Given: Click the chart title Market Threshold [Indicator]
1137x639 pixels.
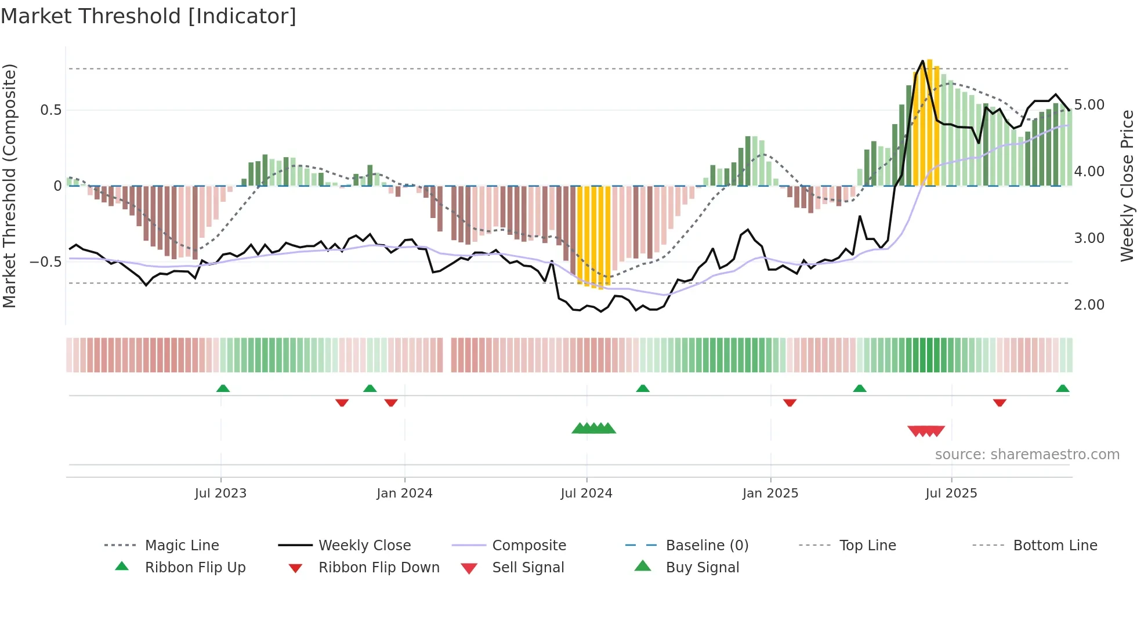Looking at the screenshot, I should pyautogui.click(x=149, y=16).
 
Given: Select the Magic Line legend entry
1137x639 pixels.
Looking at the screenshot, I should pyautogui.click(x=182, y=546).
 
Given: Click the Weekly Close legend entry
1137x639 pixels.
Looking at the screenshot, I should pyautogui.click(x=364, y=546).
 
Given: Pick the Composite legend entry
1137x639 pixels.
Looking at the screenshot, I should pyautogui.click(x=528, y=546).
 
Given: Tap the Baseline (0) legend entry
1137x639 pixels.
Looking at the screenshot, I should pyautogui.click(x=707, y=546).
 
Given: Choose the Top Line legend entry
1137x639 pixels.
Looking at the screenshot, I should pyautogui.click(x=867, y=546).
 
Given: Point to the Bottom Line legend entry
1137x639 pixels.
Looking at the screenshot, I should pyautogui.click(x=1055, y=546).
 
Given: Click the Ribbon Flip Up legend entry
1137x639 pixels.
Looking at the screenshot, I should pyautogui.click(x=195, y=568).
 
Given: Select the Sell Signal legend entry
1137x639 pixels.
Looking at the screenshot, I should pyautogui.click(x=527, y=568).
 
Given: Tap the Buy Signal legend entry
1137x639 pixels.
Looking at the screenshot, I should pyautogui.click(x=702, y=568).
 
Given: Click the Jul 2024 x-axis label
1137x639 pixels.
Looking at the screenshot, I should pyautogui.click(x=586, y=493).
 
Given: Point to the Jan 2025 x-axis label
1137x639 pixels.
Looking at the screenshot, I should pyautogui.click(x=770, y=493).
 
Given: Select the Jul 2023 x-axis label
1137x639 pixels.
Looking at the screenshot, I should pyautogui.click(x=220, y=493).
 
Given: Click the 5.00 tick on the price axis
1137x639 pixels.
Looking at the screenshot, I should pyautogui.click(x=1089, y=105).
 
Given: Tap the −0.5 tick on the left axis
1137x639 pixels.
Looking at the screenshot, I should pyautogui.click(x=46, y=262).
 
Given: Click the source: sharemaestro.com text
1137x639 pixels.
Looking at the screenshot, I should pyautogui.click(x=1027, y=455).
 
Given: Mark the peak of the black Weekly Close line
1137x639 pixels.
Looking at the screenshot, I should pyautogui.click(x=922, y=61).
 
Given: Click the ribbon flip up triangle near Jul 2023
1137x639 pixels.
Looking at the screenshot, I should pyautogui.click(x=223, y=389).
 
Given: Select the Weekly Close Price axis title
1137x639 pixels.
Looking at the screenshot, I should pyautogui.click(x=1127, y=186).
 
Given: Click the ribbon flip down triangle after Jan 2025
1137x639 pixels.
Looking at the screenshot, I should pyautogui.click(x=790, y=402).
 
